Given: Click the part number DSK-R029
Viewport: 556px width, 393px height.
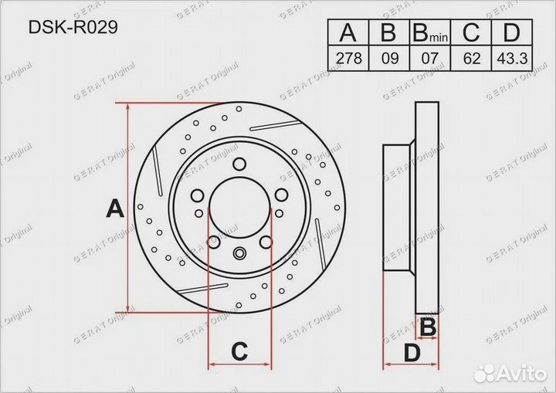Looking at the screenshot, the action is (73, 27).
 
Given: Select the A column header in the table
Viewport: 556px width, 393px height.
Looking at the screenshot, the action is (347, 32).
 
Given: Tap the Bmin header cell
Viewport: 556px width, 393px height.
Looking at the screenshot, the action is (430, 32).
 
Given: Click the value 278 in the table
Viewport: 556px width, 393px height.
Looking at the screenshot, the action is (349, 58).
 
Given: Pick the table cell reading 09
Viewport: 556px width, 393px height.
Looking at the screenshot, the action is (390, 58).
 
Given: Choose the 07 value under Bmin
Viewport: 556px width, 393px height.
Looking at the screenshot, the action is (430, 58).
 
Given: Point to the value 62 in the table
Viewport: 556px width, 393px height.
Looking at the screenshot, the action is (471, 58).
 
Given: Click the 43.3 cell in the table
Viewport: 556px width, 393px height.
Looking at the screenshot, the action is (512, 58).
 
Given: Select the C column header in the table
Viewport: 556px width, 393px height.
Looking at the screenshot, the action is (471, 32).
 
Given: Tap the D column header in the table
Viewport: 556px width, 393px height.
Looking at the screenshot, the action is (511, 32).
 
